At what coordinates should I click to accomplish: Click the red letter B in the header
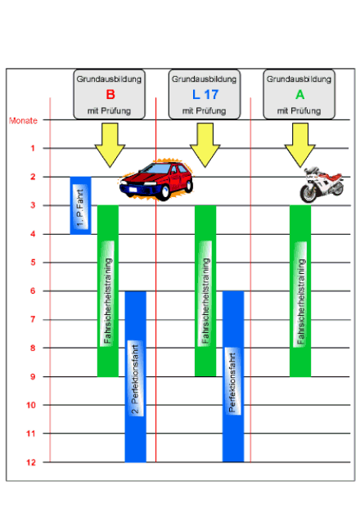[x=110, y=95]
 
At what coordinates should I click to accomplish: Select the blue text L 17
[x=205, y=95]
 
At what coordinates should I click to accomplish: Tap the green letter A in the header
[x=299, y=95]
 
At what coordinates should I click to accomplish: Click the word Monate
[x=23, y=120]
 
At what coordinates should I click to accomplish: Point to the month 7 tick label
[x=33, y=319]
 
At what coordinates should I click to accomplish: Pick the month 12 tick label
[x=31, y=462]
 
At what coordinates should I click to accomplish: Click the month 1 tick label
[x=33, y=148]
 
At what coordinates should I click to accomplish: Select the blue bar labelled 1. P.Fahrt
[x=80, y=205]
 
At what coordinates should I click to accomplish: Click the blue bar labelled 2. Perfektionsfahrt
[x=136, y=376]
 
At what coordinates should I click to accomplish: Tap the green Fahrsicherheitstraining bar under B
[x=108, y=291]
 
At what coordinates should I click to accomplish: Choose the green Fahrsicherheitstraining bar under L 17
[x=205, y=291]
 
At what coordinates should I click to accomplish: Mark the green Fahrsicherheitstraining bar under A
[x=300, y=291]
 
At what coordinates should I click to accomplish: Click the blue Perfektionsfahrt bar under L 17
[x=233, y=376]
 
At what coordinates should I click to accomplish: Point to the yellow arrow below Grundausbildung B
[x=110, y=145]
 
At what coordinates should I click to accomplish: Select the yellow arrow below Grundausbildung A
[x=300, y=145]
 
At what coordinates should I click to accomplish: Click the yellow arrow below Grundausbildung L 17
[x=205, y=145]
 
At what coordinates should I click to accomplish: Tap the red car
[x=156, y=181]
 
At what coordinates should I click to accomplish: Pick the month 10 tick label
[x=31, y=405]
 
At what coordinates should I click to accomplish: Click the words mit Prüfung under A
[x=299, y=110]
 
